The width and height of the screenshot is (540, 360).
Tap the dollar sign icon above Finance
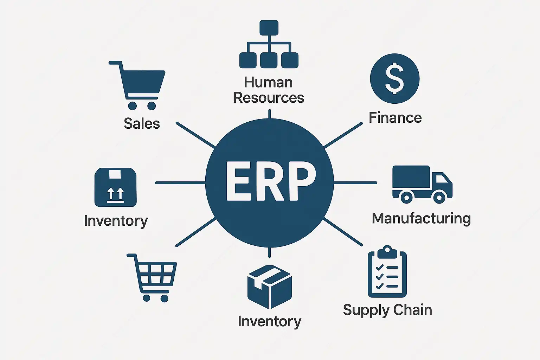coord(394,79)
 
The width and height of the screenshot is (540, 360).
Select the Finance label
coord(395,118)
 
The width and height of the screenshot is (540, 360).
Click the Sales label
coord(142,124)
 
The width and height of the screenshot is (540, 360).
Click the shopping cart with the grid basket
coord(153,276)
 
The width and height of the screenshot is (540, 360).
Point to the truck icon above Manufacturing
coord(422,184)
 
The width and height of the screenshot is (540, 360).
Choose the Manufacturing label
coord(421,219)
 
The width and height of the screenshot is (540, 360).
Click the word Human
coord(268,83)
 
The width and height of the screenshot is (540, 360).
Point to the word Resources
coord(269,98)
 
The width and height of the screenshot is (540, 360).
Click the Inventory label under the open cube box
coord(269,322)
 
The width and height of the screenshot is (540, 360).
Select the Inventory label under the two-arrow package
coord(116,221)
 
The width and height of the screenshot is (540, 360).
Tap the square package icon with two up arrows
coord(115,187)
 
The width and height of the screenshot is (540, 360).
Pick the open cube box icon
coord(269,287)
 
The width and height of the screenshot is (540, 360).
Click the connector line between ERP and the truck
coord(355,183)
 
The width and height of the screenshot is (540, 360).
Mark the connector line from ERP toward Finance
coord(343,135)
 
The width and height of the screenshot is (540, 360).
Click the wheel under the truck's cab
coord(439,197)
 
